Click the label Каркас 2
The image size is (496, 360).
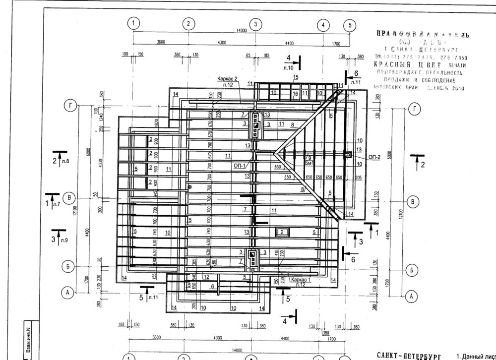pos(227,79)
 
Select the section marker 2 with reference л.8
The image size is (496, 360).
pos(60,159)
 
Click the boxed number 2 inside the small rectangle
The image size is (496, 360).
pos(282,232)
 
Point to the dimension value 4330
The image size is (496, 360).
pos(101,165)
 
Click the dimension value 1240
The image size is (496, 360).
pos(101,118)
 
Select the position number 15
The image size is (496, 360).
pos(295,77)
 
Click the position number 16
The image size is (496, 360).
pos(295,93)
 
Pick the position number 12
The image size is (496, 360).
pos(205,276)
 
